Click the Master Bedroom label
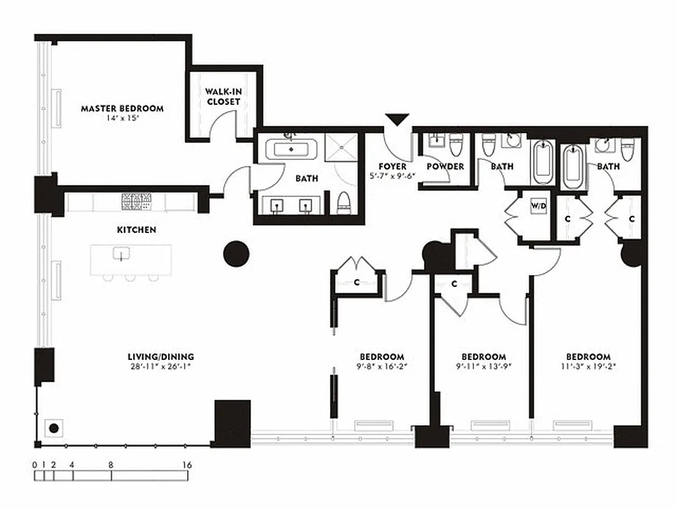122,109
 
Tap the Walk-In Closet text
223,97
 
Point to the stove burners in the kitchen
136,201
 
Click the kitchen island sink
121,254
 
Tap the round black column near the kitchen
236,253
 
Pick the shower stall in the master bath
343,148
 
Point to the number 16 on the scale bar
187,465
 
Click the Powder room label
445,166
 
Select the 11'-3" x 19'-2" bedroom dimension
588,366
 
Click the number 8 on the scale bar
110,465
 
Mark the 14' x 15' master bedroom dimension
122,118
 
